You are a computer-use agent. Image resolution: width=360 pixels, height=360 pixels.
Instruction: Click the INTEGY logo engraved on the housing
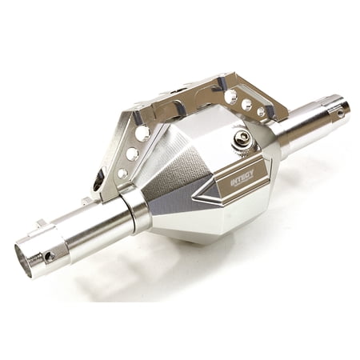pyautogui.click(x=242, y=177)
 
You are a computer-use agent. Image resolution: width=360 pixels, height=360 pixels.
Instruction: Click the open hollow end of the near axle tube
pyautogui.click(x=23, y=261)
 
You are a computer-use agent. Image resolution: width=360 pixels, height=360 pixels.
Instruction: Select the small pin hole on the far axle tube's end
pyautogui.click(x=340, y=114)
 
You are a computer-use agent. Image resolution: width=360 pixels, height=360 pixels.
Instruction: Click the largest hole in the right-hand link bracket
pyautogui.click(x=230, y=97)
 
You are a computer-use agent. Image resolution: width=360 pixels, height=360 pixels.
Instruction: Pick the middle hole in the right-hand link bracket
pyautogui.click(x=246, y=104)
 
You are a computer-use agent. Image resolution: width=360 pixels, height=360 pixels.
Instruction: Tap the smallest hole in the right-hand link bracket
pyautogui.click(x=262, y=110)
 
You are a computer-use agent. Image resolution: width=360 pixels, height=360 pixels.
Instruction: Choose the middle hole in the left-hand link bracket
pyautogui.click(x=132, y=154)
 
